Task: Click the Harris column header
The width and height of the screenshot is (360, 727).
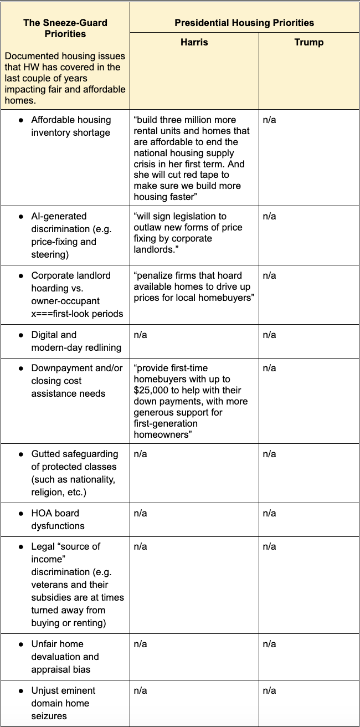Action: (194, 42)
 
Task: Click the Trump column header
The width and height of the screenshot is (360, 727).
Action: (309, 42)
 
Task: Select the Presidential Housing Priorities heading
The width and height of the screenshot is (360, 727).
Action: (244, 23)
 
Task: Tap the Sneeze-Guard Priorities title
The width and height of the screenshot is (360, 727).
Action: (65, 28)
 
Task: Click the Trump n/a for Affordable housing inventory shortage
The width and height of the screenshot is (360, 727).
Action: (269, 120)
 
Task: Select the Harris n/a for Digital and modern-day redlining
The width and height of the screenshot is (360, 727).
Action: (141, 335)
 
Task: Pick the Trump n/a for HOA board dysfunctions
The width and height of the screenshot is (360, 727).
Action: (269, 513)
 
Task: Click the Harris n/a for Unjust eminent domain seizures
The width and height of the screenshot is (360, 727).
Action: (141, 690)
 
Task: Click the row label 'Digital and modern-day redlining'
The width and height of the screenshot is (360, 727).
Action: (76, 341)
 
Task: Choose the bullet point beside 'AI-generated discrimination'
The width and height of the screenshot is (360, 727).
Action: (20, 216)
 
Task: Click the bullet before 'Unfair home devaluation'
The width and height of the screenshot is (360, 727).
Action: (20, 644)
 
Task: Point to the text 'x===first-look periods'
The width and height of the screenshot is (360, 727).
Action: (77, 314)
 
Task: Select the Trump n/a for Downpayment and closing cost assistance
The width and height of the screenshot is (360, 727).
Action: (269, 368)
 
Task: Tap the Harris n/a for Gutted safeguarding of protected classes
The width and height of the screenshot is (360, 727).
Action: (141, 454)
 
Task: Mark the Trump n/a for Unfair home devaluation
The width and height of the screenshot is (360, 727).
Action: (269, 644)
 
